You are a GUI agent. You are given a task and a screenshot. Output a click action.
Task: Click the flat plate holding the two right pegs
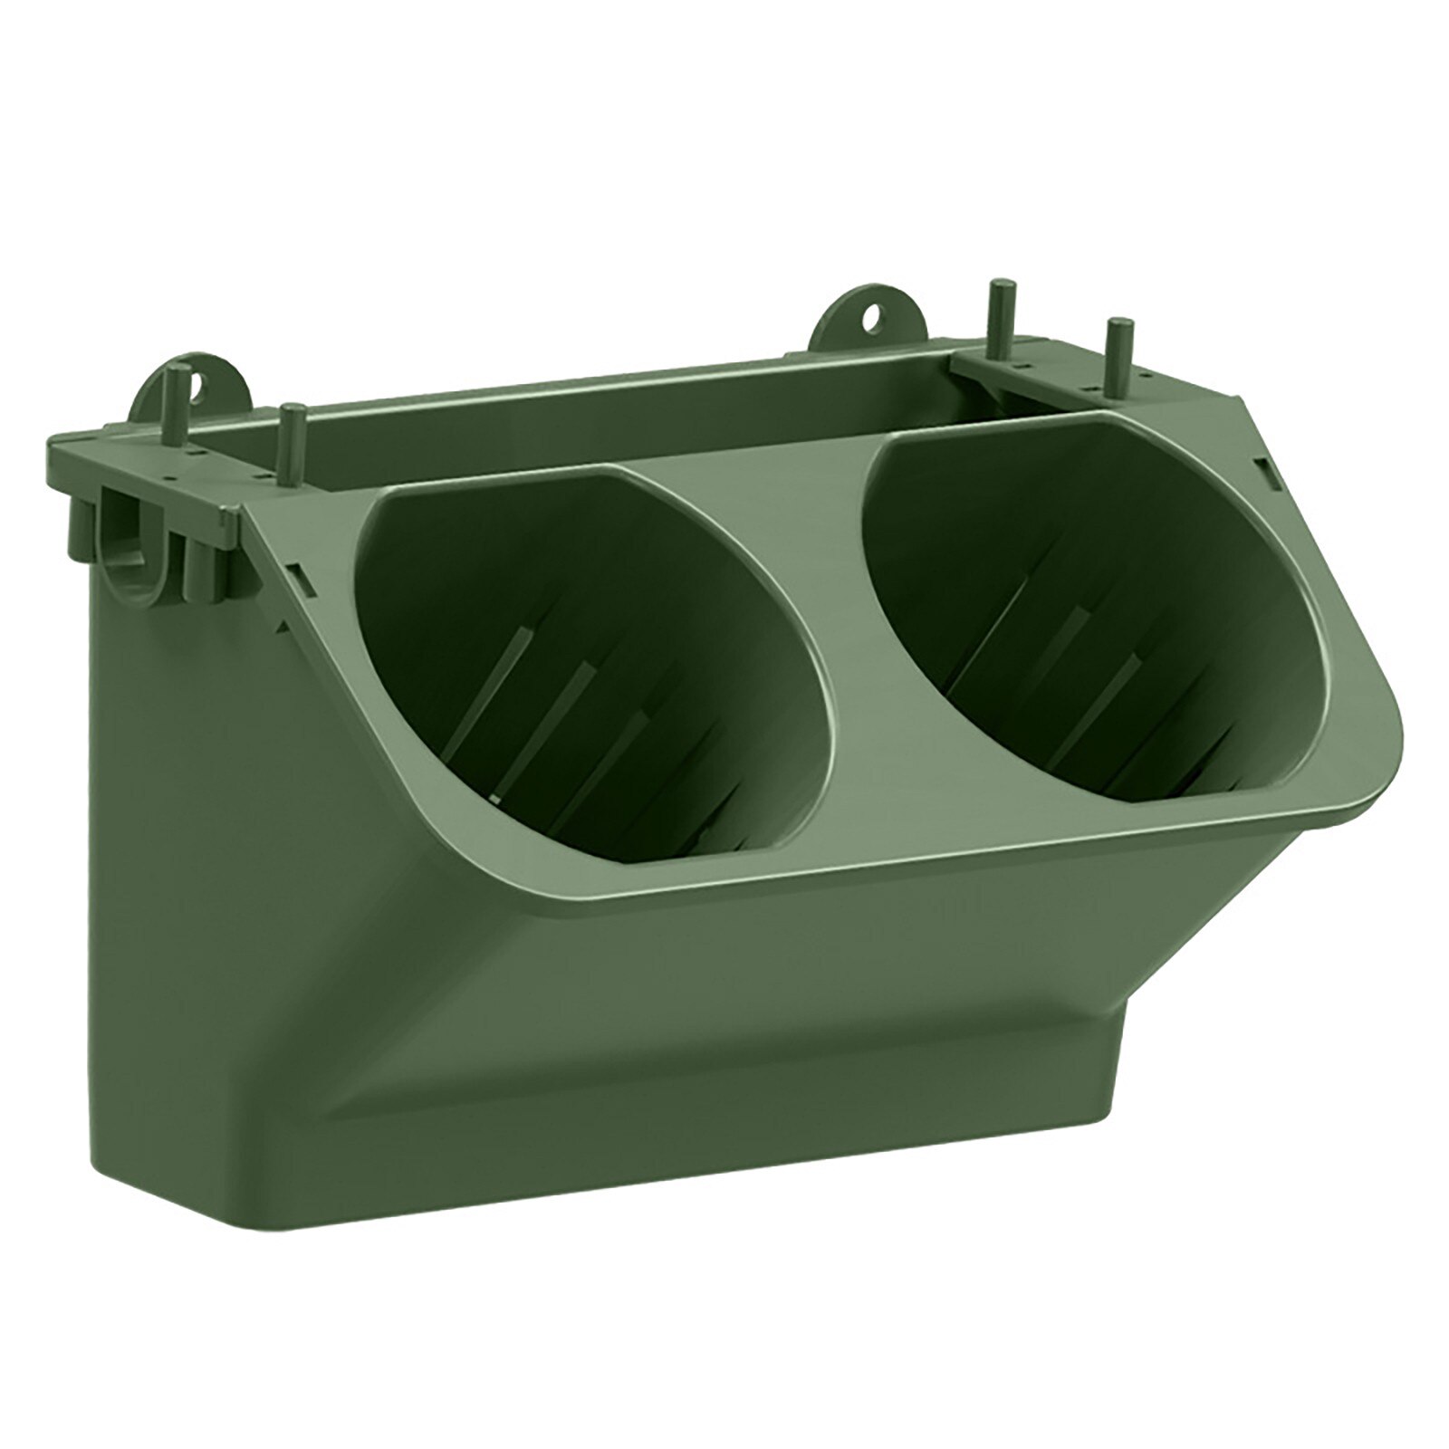point(1041,380)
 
